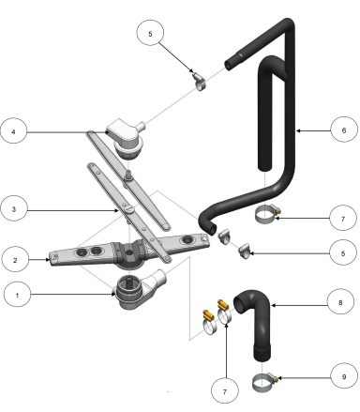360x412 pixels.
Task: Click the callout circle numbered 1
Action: tap(18, 295)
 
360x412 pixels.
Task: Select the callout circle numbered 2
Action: tap(18, 256)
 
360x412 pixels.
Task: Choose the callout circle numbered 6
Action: tap(343, 130)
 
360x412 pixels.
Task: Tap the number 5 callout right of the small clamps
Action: tap(343, 253)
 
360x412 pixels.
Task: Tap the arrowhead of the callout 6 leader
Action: tap(294, 130)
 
